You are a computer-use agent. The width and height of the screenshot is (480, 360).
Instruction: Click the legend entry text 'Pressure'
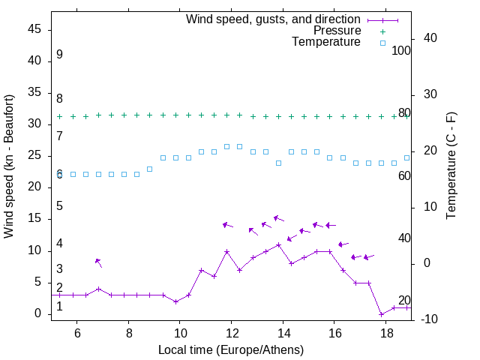click(x=337, y=31)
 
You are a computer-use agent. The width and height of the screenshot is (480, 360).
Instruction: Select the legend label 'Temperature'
click(x=326, y=42)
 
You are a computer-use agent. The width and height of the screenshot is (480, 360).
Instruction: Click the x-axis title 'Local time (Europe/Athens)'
click(x=231, y=349)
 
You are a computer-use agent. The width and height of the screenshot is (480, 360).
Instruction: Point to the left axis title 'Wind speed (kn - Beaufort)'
click(x=9, y=166)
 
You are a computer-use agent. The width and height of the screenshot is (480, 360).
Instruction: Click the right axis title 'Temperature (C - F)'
click(x=451, y=166)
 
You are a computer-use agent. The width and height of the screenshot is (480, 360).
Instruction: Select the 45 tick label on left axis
click(x=34, y=29)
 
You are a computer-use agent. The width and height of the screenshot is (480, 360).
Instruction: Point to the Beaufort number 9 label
click(x=59, y=55)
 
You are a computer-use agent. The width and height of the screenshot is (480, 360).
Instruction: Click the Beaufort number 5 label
click(x=59, y=205)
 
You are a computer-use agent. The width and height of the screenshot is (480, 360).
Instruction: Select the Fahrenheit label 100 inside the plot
click(x=402, y=50)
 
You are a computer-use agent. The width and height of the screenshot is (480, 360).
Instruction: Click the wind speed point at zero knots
click(x=381, y=314)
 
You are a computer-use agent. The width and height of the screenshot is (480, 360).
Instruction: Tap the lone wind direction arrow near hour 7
click(x=98, y=262)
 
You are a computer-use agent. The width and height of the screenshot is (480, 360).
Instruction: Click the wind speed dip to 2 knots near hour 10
click(x=175, y=301)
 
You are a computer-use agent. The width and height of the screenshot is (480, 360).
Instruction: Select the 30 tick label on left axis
click(x=34, y=124)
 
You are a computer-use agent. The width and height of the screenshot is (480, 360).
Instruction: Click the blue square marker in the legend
click(x=382, y=43)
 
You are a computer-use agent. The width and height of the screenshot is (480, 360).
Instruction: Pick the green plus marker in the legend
click(x=382, y=31)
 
